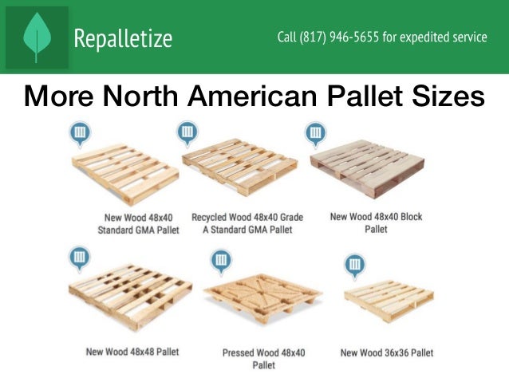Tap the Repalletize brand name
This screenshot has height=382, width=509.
pyautogui.click(x=123, y=38)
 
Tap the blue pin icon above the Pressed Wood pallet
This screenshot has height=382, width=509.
pyautogui.click(x=220, y=261)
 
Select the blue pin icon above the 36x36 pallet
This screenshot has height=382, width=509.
pyautogui.click(x=354, y=264)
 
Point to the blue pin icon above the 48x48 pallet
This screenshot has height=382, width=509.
pyautogui.click(x=79, y=258)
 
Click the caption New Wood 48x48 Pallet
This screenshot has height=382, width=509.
pyautogui.click(x=132, y=351)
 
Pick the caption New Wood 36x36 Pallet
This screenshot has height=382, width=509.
pyautogui.click(x=387, y=352)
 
